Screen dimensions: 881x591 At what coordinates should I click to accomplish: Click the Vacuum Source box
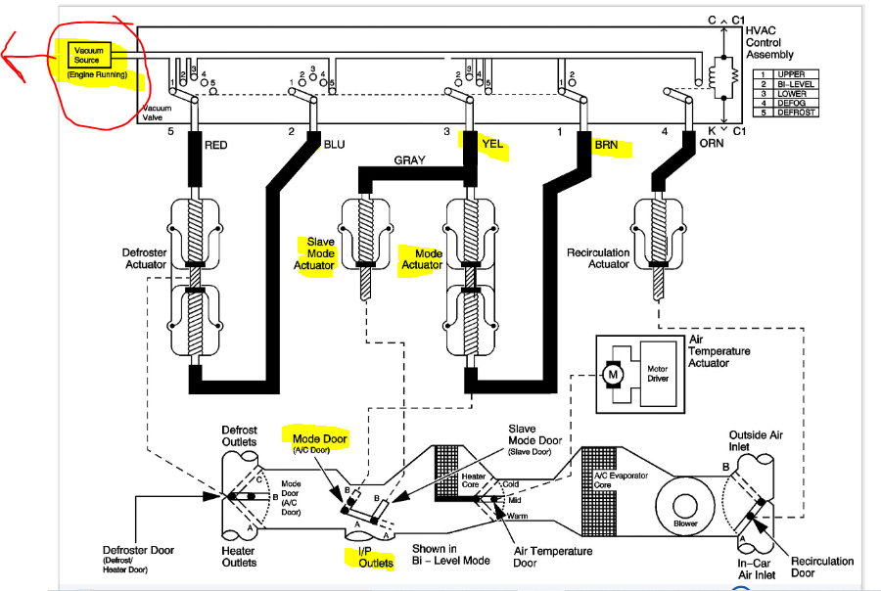pyautogui.click(x=89, y=55)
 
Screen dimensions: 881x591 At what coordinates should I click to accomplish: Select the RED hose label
pyautogui.click(x=215, y=146)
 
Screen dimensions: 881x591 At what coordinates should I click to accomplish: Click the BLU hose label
pyautogui.click(x=335, y=145)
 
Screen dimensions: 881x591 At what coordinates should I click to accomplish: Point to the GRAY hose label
pyautogui.click(x=409, y=160)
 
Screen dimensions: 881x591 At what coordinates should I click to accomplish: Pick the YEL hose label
pyautogui.click(x=492, y=144)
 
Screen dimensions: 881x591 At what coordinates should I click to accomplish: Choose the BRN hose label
pyautogui.click(x=606, y=145)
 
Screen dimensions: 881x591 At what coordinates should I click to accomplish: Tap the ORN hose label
pyautogui.click(x=712, y=143)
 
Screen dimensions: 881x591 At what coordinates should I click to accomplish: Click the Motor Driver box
pyautogui.click(x=658, y=374)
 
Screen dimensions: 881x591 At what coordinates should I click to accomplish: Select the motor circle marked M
pyautogui.click(x=613, y=374)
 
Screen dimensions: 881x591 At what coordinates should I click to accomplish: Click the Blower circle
pyautogui.click(x=685, y=506)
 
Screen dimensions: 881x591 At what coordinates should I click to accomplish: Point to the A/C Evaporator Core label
pyautogui.click(x=621, y=479)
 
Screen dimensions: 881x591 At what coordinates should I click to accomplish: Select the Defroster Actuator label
pyautogui.click(x=145, y=258)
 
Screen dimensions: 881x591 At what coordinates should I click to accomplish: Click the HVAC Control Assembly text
pyautogui.click(x=769, y=43)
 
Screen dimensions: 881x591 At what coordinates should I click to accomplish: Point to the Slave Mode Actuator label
pyautogui.click(x=314, y=253)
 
